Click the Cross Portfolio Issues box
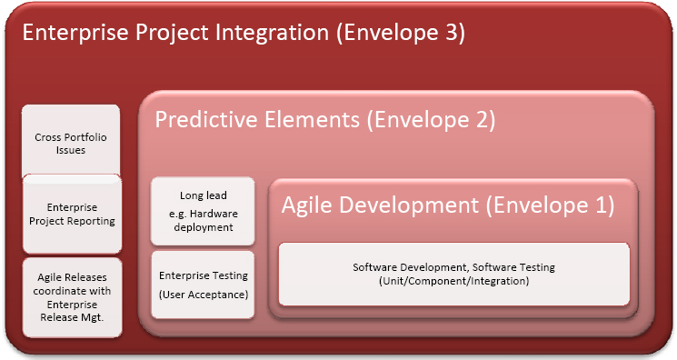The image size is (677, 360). point(73,141)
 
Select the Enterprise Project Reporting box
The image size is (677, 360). point(73,214)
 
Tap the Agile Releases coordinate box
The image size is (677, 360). point(73,298)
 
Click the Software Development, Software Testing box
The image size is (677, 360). point(453,274)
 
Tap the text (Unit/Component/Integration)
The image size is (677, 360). point(453,281)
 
